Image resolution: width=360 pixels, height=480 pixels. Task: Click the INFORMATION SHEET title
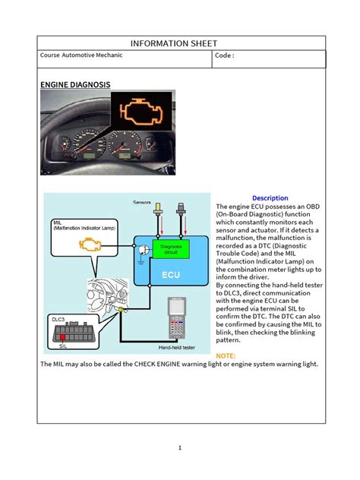coord(180,43)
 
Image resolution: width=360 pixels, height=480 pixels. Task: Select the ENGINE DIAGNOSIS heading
coord(74,84)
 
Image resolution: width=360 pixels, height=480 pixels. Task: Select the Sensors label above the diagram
coord(142,203)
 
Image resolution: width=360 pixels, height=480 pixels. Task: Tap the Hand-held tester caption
coord(178,349)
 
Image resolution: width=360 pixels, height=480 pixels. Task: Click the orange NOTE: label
coord(226,355)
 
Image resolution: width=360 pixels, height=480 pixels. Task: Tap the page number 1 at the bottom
coord(180,448)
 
